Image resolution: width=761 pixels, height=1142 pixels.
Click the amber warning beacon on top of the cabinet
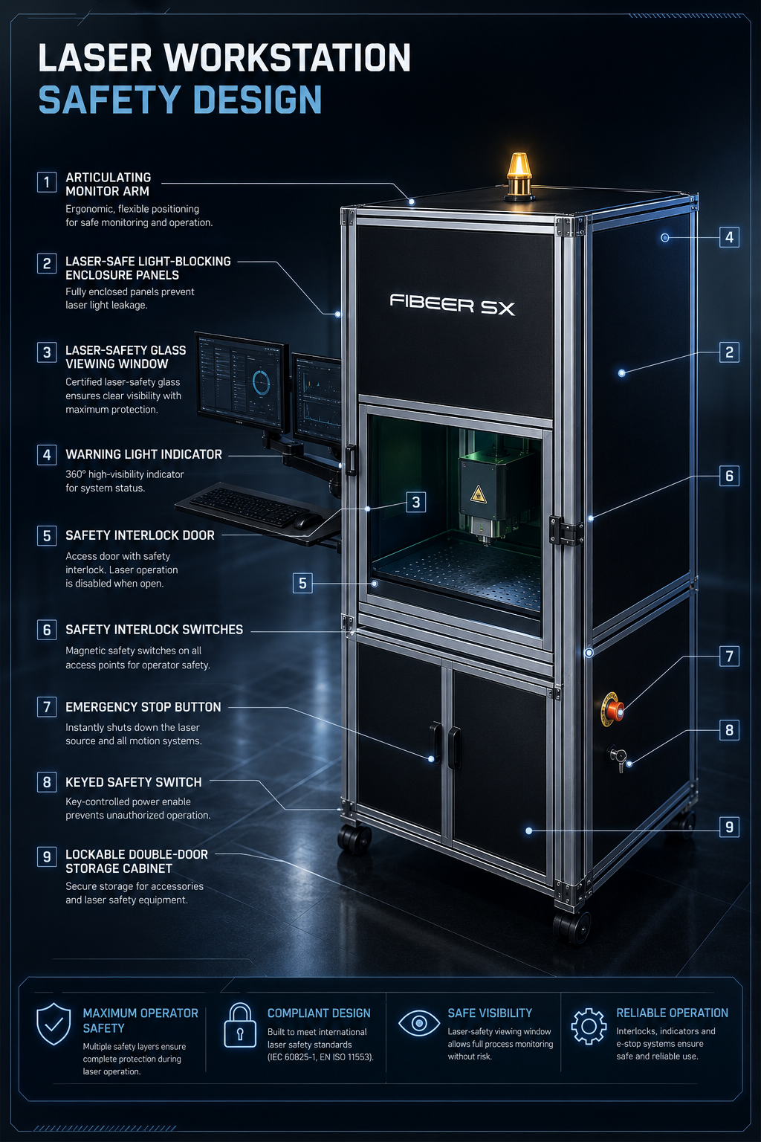coord(519,176)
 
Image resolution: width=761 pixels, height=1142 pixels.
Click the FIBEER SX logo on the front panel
coord(453,304)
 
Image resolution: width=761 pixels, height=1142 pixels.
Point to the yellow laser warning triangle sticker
coord(478,493)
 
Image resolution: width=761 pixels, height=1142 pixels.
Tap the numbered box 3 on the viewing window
coord(416,502)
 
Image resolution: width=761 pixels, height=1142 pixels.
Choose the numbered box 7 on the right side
coord(729,657)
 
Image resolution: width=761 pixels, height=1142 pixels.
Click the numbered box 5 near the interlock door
coord(302,583)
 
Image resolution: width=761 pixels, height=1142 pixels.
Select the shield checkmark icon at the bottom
coord(54,1025)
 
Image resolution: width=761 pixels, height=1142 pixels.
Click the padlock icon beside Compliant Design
coord(240,1025)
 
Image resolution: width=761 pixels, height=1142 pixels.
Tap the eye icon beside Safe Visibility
coord(419,1023)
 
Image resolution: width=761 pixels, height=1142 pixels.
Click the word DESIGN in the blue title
coord(258,100)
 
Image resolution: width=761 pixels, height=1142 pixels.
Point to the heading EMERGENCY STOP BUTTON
coord(143,707)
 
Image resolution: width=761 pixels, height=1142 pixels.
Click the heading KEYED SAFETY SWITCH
coord(134,782)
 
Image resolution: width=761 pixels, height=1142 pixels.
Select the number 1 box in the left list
coord(47,182)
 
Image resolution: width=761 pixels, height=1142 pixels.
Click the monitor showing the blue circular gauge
coord(241,382)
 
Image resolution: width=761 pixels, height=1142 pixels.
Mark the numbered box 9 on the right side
coord(729,827)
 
